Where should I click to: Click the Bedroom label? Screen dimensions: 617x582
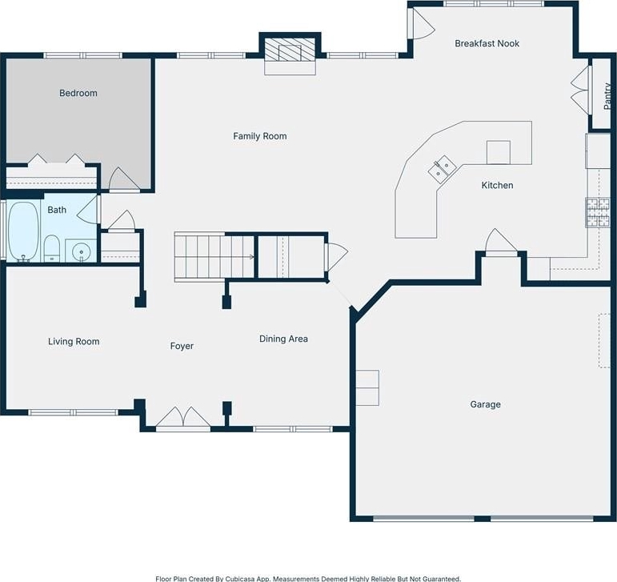click(78, 93)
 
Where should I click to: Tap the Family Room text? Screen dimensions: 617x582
click(260, 136)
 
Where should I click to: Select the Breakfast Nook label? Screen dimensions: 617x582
click(487, 43)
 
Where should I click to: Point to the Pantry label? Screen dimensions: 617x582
click(607, 96)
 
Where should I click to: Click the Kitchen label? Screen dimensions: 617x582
click(498, 186)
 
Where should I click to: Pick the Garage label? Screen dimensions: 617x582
click(485, 404)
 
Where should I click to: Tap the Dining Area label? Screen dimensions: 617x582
click(283, 339)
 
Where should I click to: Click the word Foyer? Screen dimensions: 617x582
click(182, 346)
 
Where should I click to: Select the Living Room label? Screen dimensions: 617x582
click(74, 342)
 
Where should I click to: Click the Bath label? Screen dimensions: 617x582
click(57, 210)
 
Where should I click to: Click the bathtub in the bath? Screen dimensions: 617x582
click(23, 231)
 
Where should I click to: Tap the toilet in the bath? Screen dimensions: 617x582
click(51, 248)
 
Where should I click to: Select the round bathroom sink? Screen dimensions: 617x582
click(81, 251)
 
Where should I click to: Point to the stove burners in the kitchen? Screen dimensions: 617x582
click(598, 212)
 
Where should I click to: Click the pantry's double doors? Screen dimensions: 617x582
click(581, 90)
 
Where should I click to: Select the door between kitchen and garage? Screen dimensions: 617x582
click(500, 242)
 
